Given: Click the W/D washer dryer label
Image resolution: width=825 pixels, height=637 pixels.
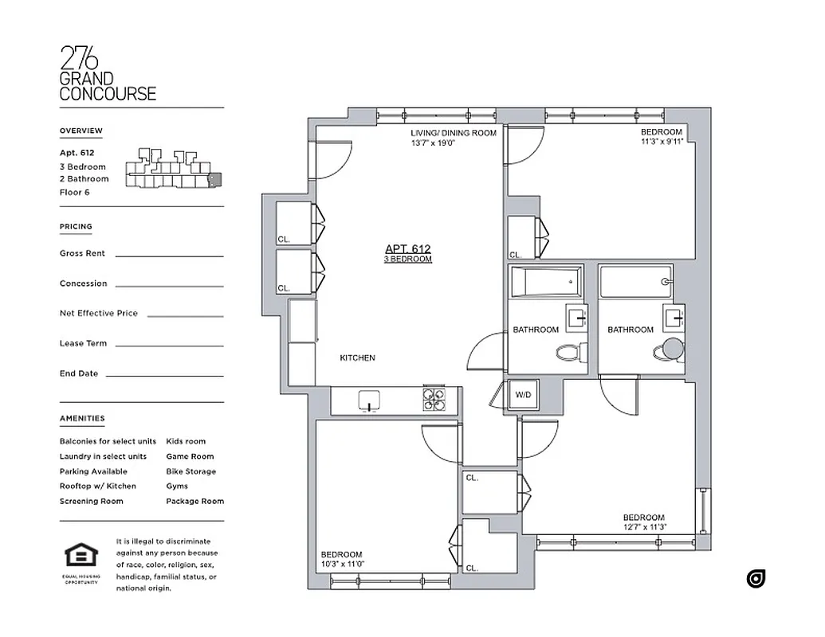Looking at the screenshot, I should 523,394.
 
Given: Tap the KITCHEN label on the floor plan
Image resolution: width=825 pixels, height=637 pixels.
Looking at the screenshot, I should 357,358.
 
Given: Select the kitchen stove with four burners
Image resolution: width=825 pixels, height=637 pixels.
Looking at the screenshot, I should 434,400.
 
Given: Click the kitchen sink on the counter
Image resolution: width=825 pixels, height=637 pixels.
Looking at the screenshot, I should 370,401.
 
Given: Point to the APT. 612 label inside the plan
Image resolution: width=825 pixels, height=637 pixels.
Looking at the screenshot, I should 407,248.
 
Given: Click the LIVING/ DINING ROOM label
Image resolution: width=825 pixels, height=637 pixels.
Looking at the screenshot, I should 453,133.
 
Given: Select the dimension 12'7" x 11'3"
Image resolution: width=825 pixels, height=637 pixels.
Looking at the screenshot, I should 644,527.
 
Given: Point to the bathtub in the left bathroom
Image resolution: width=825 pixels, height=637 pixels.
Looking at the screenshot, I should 546,281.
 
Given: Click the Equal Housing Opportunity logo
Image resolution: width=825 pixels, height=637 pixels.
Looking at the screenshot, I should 81,557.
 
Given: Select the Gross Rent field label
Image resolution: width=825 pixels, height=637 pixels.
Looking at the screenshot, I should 83,253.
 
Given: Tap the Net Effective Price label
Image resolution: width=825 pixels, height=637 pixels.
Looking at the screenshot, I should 98,314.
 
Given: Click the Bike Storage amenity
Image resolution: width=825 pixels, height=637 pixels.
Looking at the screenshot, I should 191,471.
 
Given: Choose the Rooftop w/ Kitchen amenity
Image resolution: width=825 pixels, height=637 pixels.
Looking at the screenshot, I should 97,487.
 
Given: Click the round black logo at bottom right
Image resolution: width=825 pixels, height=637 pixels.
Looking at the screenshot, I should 756,579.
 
